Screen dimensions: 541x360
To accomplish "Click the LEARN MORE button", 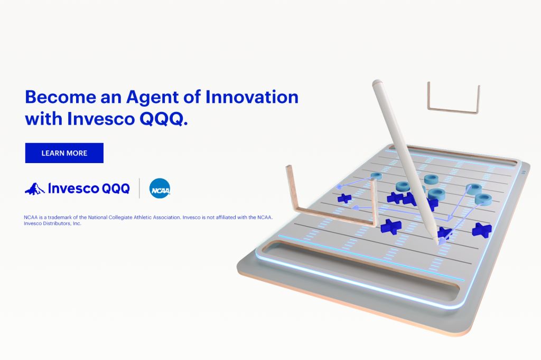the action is point(64,153).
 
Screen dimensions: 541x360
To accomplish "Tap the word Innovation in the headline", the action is point(252,97).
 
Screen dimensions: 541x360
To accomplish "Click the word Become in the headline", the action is point(60,97).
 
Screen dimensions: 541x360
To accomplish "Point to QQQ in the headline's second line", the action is point(163,119).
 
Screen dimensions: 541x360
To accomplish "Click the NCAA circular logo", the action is point(160,188).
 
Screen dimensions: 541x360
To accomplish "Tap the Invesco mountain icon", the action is point(34,189).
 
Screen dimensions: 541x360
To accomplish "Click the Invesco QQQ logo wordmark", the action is point(89,188).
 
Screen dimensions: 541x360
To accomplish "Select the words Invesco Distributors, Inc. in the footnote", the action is point(52,223).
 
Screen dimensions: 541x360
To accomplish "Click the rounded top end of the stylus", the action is point(377,83).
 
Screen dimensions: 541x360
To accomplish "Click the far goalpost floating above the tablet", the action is point(453,110).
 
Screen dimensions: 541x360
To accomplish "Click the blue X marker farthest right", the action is point(482,230).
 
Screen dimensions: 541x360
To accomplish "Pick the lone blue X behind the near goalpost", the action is point(344,198).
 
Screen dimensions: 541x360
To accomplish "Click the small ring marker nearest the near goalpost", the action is point(376,176).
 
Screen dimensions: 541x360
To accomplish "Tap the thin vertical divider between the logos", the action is point(139,188).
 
